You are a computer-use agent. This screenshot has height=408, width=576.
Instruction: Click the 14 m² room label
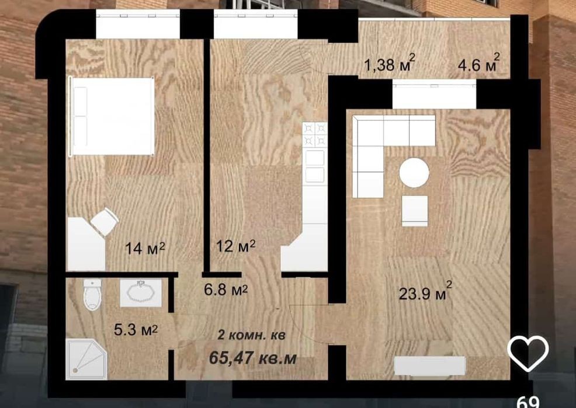[x=145, y=248]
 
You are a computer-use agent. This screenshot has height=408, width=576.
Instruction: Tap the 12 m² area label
[x=236, y=246]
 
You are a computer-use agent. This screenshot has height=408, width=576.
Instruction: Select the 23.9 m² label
[x=425, y=292]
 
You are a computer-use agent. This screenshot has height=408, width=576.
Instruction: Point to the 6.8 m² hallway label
[x=226, y=290]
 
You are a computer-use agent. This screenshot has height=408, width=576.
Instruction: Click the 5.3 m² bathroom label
[x=136, y=329]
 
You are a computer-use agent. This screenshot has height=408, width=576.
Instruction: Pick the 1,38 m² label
[x=390, y=64]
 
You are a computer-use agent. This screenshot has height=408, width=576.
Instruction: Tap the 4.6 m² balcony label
[x=479, y=64]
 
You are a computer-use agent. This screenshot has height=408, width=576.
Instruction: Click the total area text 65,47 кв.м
[x=253, y=358]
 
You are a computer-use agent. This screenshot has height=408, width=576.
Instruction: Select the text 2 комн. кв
[x=252, y=334]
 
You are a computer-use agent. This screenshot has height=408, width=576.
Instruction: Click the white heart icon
[x=528, y=353]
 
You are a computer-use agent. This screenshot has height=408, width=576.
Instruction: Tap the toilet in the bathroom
[x=92, y=295]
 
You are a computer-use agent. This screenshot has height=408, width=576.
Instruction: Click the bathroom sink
[x=141, y=293]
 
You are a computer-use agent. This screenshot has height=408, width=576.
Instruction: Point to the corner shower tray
[x=86, y=359]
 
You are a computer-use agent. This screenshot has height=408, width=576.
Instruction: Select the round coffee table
[x=414, y=172]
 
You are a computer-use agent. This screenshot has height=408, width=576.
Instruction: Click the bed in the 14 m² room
[x=112, y=116]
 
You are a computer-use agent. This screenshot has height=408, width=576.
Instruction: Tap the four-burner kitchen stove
[x=315, y=135]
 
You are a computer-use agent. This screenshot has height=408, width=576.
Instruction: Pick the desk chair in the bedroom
[x=105, y=222]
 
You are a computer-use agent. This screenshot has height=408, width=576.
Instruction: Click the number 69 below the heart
[x=528, y=403]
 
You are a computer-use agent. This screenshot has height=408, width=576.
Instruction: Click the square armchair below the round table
[x=415, y=211]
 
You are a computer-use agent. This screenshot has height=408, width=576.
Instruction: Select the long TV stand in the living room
[x=429, y=365]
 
